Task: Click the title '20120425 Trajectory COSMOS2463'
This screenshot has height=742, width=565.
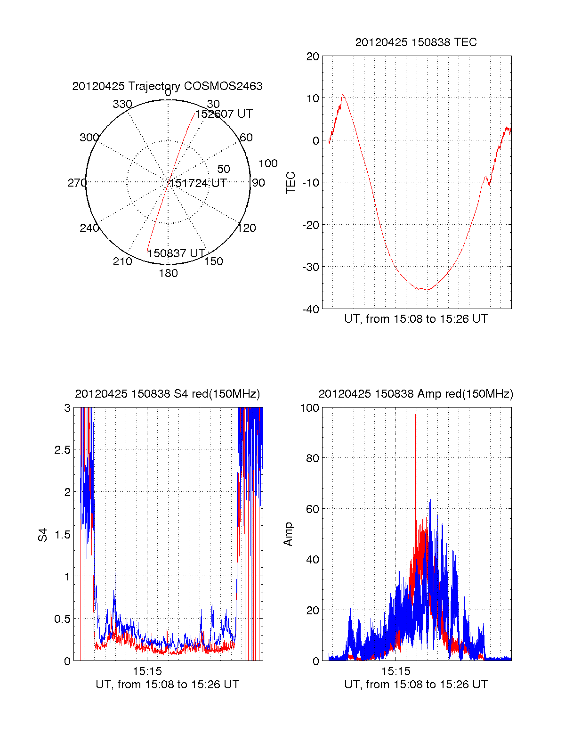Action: tap(167, 86)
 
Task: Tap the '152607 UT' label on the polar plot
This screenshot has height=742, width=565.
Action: tap(224, 114)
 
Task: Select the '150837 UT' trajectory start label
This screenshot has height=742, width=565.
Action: tap(176, 253)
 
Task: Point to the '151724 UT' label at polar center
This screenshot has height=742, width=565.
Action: tap(198, 183)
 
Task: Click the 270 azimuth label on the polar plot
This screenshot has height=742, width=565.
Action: tap(77, 182)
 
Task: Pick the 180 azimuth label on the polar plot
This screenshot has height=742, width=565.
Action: tap(168, 273)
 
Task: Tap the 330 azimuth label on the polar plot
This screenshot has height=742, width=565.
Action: tap(122, 104)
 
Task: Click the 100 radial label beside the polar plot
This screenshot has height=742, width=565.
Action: tap(268, 163)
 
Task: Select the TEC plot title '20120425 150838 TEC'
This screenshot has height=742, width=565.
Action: tap(416, 42)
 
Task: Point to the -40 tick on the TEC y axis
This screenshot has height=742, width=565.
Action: tap(311, 309)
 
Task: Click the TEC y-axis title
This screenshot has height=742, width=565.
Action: tap(291, 182)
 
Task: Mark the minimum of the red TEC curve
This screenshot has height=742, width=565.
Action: tap(427, 290)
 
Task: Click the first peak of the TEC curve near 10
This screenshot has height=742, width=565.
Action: tap(342, 94)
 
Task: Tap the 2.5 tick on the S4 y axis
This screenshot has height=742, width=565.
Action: tap(63, 449)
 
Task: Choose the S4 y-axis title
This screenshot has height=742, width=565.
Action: tap(42, 535)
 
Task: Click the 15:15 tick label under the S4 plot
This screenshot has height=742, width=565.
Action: tap(147, 671)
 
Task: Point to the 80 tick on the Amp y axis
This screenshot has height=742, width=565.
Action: tap(312, 458)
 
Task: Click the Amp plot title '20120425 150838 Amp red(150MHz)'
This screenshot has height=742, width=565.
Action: tap(416, 394)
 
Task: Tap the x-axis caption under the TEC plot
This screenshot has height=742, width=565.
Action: tap(416, 319)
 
